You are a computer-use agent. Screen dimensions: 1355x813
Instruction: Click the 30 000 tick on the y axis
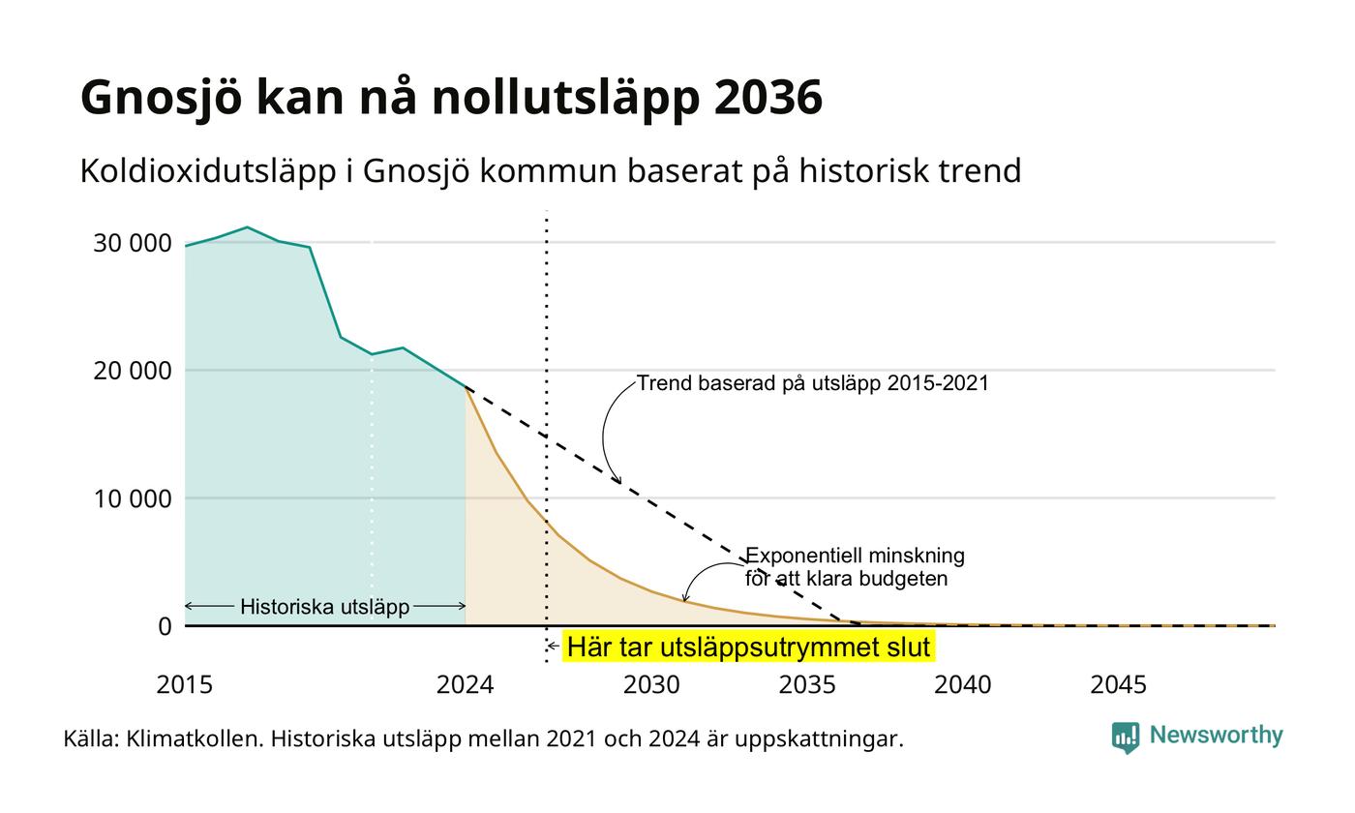pyautogui.click(x=133, y=243)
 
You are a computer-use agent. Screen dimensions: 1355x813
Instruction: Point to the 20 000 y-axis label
pyautogui.click(x=133, y=371)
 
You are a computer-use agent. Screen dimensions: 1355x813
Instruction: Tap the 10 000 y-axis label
pyautogui.click(x=133, y=499)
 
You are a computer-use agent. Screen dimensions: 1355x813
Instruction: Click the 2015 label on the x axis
pyautogui.click(x=185, y=685)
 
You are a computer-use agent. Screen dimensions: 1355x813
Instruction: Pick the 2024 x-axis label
pyautogui.click(x=466, y=685)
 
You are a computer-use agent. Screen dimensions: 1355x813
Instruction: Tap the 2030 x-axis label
pyautogui.click(x=651, y=685)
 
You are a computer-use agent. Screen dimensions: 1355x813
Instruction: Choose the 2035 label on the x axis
pyautogui.click(x=807, y=685)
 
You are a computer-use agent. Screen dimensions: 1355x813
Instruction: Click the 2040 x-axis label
pyautogui.click(x=963, y=685)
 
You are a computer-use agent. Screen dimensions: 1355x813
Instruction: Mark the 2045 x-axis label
pyautogui.click(x=1119, y=685)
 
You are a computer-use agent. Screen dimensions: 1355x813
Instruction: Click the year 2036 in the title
pyautogui.click(x=768, y=97)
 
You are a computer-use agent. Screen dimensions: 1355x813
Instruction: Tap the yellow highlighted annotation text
pyautogui.click(x=748, y=647)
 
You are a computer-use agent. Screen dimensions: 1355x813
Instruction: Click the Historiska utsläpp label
pyautogui.click(x=325, y=607)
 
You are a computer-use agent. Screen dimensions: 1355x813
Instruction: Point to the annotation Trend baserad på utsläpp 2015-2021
pyautogui.click(x=812, y=383)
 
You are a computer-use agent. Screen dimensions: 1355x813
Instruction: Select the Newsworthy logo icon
pyautogui.click(x=1125, y=738)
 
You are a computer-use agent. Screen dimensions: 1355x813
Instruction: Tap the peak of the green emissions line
pyautogui.click(x=247, y=227)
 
